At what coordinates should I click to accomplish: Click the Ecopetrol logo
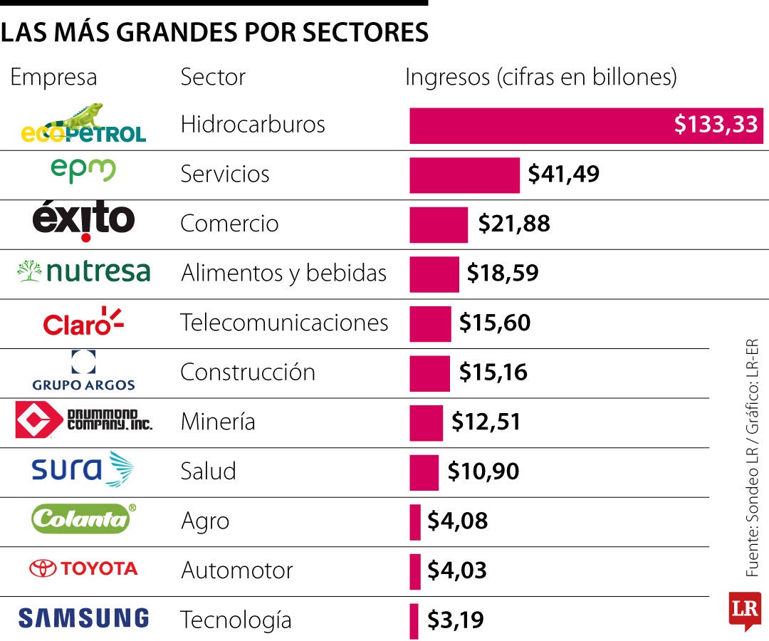click(83, 125)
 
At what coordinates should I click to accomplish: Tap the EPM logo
click(83, 172)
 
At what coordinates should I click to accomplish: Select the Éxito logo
click(83, 222)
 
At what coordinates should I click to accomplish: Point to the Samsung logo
click(83, 618)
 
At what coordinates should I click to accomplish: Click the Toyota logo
click(83, 568)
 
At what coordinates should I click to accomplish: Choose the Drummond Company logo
click(83, 420)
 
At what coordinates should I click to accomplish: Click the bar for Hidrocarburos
click(585, 125)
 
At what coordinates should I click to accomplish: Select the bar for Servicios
click(464, 175)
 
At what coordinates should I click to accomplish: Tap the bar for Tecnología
click(414, 620)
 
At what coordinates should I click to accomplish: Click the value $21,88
click(514, 224)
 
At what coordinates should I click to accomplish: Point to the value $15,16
click(493, 372)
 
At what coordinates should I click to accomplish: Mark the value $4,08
click(457, 521)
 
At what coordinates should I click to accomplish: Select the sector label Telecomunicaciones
click(284, 323)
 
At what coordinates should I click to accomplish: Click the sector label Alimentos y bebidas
click(283, 273)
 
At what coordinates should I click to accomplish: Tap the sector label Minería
click(218, 422)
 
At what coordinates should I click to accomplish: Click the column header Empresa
click(53, 77)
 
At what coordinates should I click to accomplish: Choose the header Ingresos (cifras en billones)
click(540, 77)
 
